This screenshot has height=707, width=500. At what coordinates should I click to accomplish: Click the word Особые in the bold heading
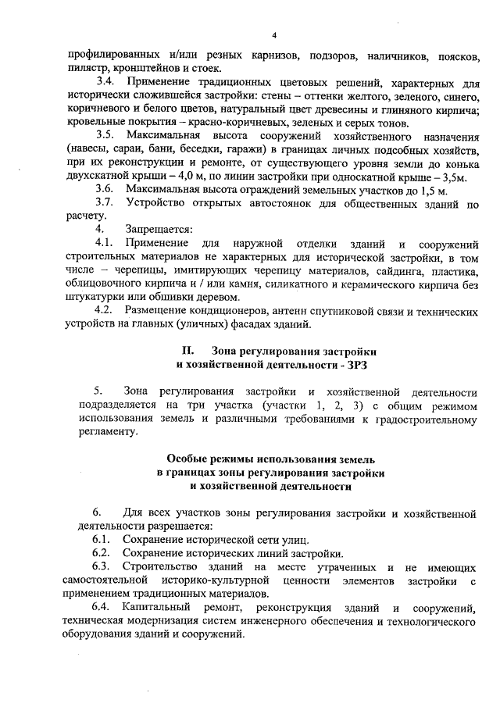[187, 459]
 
